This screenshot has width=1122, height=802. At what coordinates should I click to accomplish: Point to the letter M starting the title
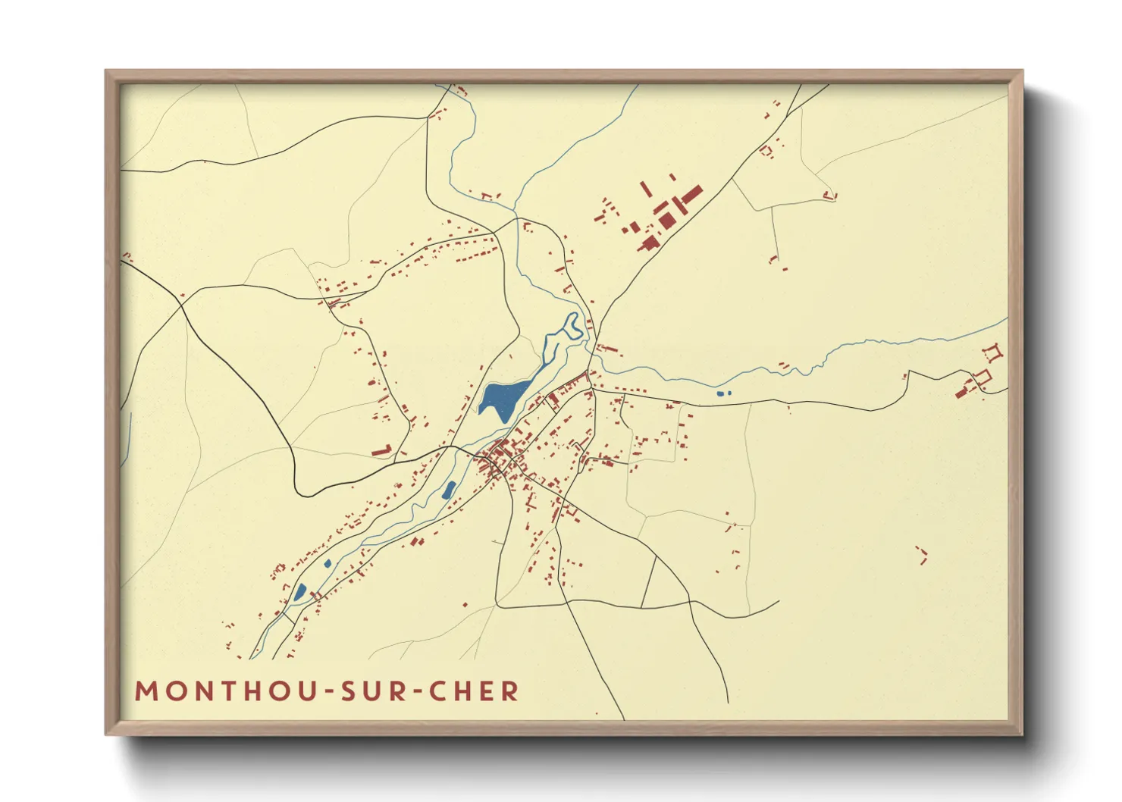point(146,691)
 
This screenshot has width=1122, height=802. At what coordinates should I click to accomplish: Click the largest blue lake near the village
point(502,398)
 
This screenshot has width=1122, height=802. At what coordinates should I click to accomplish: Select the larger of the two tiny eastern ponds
point(720,393)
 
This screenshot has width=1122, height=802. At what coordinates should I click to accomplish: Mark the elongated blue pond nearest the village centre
point(448,490)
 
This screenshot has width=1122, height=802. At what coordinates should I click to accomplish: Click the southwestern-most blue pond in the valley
point(300,592)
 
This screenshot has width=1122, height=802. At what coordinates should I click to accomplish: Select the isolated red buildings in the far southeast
point(923,555)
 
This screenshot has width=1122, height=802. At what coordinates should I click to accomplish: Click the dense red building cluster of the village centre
point(499,457)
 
